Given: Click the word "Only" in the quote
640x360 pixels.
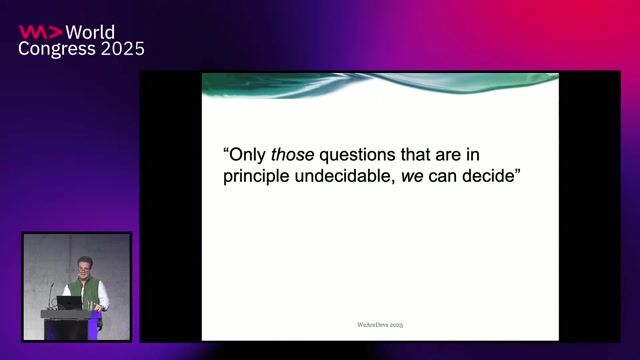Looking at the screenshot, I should pyautogui.click(x=247, y=156).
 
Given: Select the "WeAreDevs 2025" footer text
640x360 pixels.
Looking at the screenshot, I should pyautogui.click(x=380, y=325).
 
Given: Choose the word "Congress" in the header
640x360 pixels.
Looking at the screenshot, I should pyautogui.click(x=56, y=49).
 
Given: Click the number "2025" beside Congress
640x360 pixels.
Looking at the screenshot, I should pyautogui.click(x=121, y=49).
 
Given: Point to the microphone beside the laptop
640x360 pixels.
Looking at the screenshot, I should pyautogui.click(x=51, y=295).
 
